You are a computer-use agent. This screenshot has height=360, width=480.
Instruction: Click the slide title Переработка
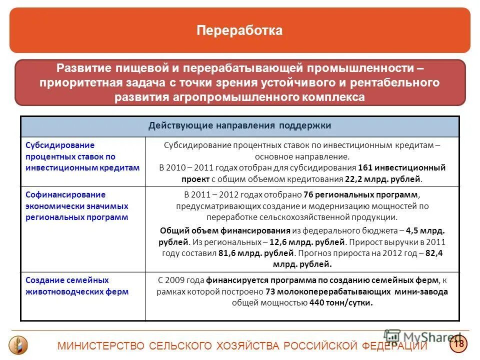coord(239,30)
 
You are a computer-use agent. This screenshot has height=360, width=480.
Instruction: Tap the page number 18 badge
coord(458,343)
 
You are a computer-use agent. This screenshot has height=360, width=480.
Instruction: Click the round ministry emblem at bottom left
coord(18,345)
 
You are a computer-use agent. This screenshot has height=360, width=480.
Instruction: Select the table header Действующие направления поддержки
coord(239,125)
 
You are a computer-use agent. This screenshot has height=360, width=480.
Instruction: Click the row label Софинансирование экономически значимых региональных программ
coord(77,206)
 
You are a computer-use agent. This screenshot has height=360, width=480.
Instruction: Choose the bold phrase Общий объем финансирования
coord(225,230)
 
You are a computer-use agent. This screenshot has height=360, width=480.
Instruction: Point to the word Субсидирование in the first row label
coord(60,145)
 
